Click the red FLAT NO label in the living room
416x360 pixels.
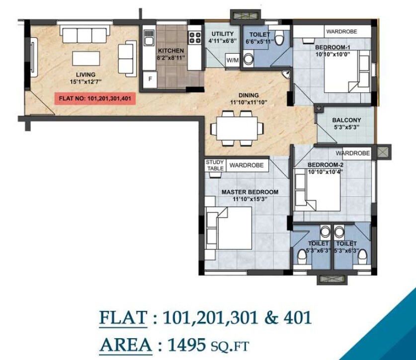(x=94, y=98)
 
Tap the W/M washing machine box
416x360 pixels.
(x=232, y=60)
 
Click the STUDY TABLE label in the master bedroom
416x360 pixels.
(x=215, y=165)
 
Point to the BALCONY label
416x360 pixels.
(x=346, y=120)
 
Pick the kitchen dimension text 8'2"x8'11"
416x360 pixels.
(x=171, y=58)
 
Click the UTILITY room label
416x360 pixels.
(x=223, y=34)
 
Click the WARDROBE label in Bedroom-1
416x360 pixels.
(x=341, y=31)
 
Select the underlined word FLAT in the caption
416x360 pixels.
(x=123, y=317)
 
